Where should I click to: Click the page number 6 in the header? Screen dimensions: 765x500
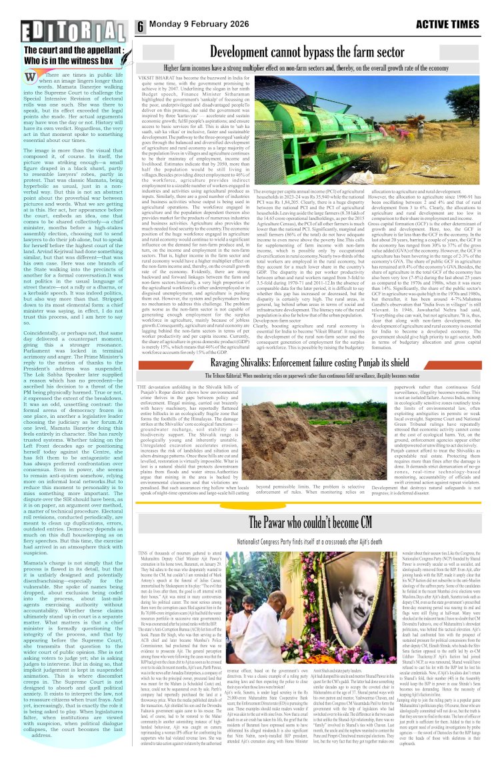pos(141,25)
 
